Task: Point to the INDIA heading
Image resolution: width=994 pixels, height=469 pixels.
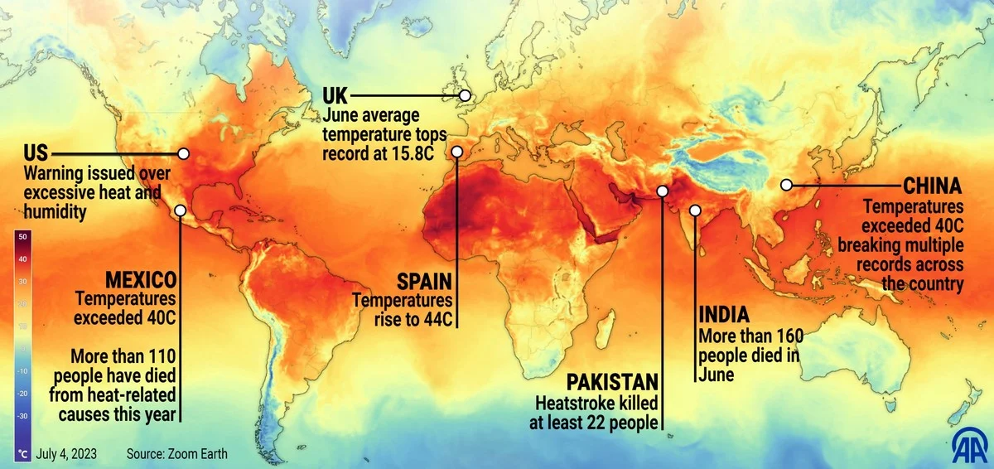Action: point(724,316)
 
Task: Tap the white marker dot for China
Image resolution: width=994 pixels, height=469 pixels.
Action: point(786,185)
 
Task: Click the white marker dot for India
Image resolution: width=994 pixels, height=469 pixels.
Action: point(695,210)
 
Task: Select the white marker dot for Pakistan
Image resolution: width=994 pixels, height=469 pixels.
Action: point(662,191)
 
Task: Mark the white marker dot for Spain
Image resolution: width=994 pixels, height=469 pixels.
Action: point(456,152)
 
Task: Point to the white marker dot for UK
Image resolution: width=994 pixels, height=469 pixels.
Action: point(466,96)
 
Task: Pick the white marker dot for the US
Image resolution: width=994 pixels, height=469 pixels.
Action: point(184,153)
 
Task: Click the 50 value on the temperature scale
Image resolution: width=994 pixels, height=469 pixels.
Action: point(22,236)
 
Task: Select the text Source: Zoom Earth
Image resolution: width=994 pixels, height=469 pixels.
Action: point(176,454)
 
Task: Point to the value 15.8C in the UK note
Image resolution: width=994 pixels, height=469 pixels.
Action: point(421,152)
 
